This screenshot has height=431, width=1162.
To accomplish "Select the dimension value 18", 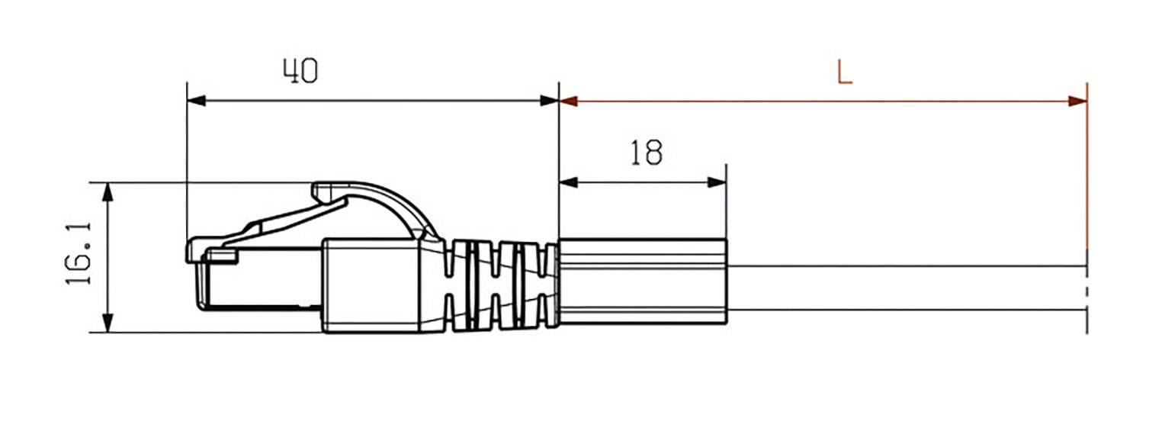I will [646, 153].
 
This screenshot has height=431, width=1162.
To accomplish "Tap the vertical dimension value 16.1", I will [79, 255].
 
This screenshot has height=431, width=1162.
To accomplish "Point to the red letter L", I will [844, 72].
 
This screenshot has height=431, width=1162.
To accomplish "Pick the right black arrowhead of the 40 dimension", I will [549, 101].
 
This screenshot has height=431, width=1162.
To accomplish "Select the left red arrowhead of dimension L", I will [570, 101].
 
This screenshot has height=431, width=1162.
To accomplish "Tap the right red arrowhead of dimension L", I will [1077, 101].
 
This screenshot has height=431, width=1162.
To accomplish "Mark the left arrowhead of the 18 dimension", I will [569, 182].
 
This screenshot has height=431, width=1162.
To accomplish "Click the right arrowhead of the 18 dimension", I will [716, 182].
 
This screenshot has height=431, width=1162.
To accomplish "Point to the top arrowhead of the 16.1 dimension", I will [108, 191].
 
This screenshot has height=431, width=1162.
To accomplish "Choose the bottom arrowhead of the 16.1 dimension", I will [108, 323].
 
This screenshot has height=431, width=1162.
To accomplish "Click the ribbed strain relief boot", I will [499, 286].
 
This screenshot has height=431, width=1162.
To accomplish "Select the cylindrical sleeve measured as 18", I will [642, 282].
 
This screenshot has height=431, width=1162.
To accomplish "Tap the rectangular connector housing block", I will [371, 286].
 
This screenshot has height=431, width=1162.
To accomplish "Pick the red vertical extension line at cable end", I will [1087, 175].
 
